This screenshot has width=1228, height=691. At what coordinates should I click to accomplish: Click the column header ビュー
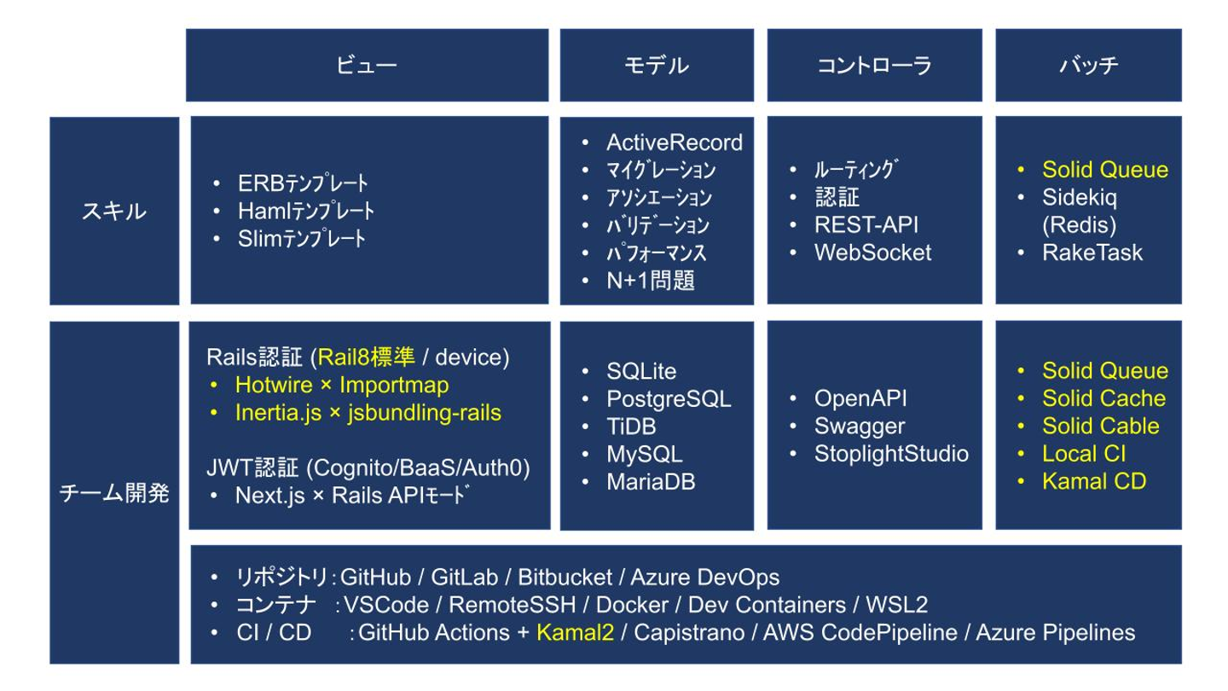click(x=367, y=65)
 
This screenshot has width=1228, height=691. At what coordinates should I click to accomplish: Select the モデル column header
click(x=657, y=65)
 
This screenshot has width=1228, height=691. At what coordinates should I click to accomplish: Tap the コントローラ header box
click(x=874, y=65)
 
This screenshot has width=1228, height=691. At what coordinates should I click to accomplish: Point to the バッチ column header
click(x=1088, y=65)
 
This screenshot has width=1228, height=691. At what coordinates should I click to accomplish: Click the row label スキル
click(x=114, y=212)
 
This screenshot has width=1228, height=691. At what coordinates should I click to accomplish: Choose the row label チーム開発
click(x=114, y=493)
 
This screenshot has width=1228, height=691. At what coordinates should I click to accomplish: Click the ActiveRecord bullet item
click(x=675, y=142)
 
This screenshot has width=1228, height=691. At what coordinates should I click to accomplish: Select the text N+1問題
click(x=650, y=280)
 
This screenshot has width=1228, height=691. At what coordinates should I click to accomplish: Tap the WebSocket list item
click(x=872, y=253)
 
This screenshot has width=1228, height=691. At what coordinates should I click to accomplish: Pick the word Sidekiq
click(x=1080, y=197)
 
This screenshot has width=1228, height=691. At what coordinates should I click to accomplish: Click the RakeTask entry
click(x=1092, y=253)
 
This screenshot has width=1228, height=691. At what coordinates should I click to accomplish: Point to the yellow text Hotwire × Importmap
click(x=342, y=385)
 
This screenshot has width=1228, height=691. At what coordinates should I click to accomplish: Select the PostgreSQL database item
click(x=669, y=398)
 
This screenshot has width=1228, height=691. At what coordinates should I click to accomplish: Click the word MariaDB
click(x=651, y=481)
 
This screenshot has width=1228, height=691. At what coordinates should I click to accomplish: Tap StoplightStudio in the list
click(x=891, y=454)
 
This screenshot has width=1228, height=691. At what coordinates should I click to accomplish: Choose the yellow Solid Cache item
click(x=1103, y=398)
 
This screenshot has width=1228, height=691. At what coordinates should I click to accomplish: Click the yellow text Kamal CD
click(x=1094, y=481)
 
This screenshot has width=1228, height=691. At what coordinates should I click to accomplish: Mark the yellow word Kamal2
click(x=575, y=632)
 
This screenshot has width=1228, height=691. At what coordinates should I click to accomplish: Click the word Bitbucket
click(x=565, y=577)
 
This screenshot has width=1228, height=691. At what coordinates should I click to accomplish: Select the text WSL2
click(x=897, y=604)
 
